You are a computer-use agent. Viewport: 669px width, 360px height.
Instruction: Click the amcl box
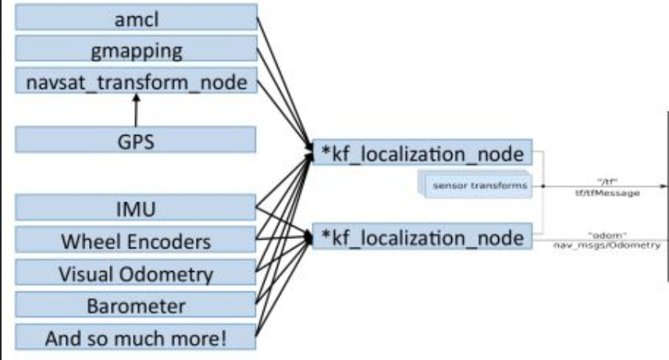137,18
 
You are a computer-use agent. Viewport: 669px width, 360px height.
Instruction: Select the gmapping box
137,51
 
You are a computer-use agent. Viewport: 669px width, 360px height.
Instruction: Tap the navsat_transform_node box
137,82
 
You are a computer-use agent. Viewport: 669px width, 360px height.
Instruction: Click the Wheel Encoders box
137,241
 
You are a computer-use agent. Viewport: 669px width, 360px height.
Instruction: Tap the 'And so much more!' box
137,339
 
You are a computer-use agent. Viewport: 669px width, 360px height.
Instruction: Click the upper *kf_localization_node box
421,152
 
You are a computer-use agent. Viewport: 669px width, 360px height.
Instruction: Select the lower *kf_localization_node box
421,237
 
